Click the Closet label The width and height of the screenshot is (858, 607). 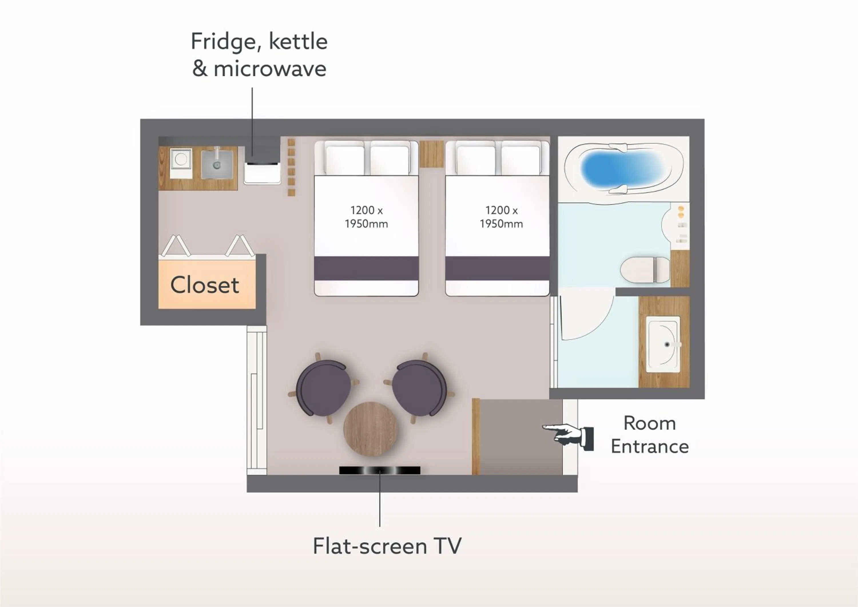coord(205,285)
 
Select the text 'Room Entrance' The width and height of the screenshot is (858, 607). coord(650,435)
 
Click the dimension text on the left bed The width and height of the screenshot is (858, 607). coord(366,217)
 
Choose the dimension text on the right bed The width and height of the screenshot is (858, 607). coord(501,217)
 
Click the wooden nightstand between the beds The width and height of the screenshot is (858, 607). coord(432,154)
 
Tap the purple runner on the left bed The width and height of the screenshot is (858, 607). coord(366,268)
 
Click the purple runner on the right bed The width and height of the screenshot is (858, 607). coord(497,268)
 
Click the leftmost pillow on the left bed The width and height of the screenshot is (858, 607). coord(345,160)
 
